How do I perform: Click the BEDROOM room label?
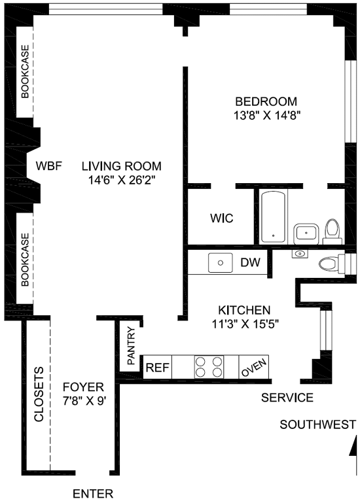(x=266, y=101)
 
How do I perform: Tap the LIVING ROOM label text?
(x=121, y=166)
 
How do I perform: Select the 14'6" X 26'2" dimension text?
(x=121, y=180)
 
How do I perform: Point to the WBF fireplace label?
(x=48, y=166)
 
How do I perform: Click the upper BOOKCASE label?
(x=25, y=71)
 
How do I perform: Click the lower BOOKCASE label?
(x=25, y=260)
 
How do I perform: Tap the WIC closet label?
(x=221, y=218)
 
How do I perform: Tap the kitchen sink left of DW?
(x=221, y=263)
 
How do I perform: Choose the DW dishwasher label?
(x=250, y=262)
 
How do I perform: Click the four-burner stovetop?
(x=209, y=367)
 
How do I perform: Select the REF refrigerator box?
(x=157, y=368)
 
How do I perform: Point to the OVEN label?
(x=253, y=368)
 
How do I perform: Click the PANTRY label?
(x=131, y=346)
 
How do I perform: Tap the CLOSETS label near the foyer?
(x=39, y=394)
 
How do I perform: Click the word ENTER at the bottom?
(x=93, y=494)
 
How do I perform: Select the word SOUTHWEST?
(x=317, y=424)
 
